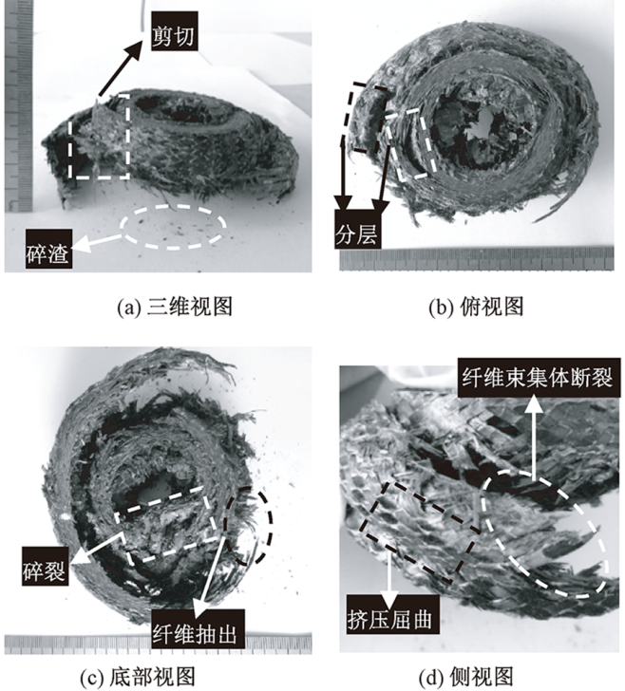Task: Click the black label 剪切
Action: pyautogui.click(x=174, y=36)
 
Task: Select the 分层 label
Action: pyautogui.click(x=357, y=229)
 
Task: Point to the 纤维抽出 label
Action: pyautogui.click(x=198, y=629)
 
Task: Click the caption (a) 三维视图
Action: pyautogui.click(x=175, y=307)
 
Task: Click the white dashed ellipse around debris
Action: pyautogui.click(x=173, y=205)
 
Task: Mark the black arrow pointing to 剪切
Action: pyautogui.click(x=121, y=67)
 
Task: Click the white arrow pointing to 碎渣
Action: pyautogui.click(x=97, y=243)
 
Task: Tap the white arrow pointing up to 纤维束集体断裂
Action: pyautogui.click(x=535, y=439)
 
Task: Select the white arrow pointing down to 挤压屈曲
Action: pyautogui.click(x=388, y=581)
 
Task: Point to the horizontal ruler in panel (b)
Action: pyautogui.click(x=477, y=259)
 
